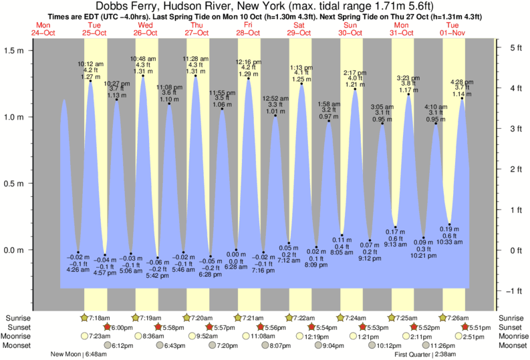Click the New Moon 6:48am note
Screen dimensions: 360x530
point(79,354)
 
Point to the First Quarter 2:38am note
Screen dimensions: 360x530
point(425,354)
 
